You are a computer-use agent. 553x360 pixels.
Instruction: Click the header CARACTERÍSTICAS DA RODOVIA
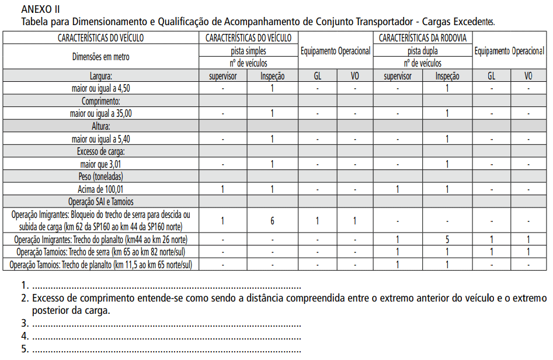coord(422,38)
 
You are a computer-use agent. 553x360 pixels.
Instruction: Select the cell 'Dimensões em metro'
coord(101,57)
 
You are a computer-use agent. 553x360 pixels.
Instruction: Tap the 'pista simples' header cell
coord(248,51)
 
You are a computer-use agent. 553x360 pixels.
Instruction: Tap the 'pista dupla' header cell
coord(422,51)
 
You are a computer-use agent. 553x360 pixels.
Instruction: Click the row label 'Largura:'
coord(101,76)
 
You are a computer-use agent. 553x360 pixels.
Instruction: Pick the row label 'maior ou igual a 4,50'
coord(101,88)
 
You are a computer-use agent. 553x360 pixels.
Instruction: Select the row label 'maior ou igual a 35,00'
coord(101,113)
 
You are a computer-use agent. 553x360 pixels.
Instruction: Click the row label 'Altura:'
coord(101,126)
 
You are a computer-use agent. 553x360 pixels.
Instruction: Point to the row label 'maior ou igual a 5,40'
coord(101,139)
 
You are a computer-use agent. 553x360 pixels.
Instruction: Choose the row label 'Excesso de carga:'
coord(101,152)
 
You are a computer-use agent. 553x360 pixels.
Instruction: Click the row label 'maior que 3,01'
coord(101,164)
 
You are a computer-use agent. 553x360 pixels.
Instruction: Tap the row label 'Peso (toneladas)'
coord(101,176)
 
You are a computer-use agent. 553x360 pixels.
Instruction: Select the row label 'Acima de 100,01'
coord(101,189)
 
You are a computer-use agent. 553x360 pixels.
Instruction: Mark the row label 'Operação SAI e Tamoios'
coord(101,201)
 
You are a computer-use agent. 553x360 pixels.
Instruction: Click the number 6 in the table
coord(272,220)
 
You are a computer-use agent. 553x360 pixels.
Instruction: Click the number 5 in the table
coord(447,239)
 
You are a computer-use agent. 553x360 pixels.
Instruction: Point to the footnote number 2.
coord(25,299)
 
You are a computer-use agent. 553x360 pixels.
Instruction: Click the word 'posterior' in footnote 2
coord(51,311)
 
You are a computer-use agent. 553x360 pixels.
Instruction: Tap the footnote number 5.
coord(25,349)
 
